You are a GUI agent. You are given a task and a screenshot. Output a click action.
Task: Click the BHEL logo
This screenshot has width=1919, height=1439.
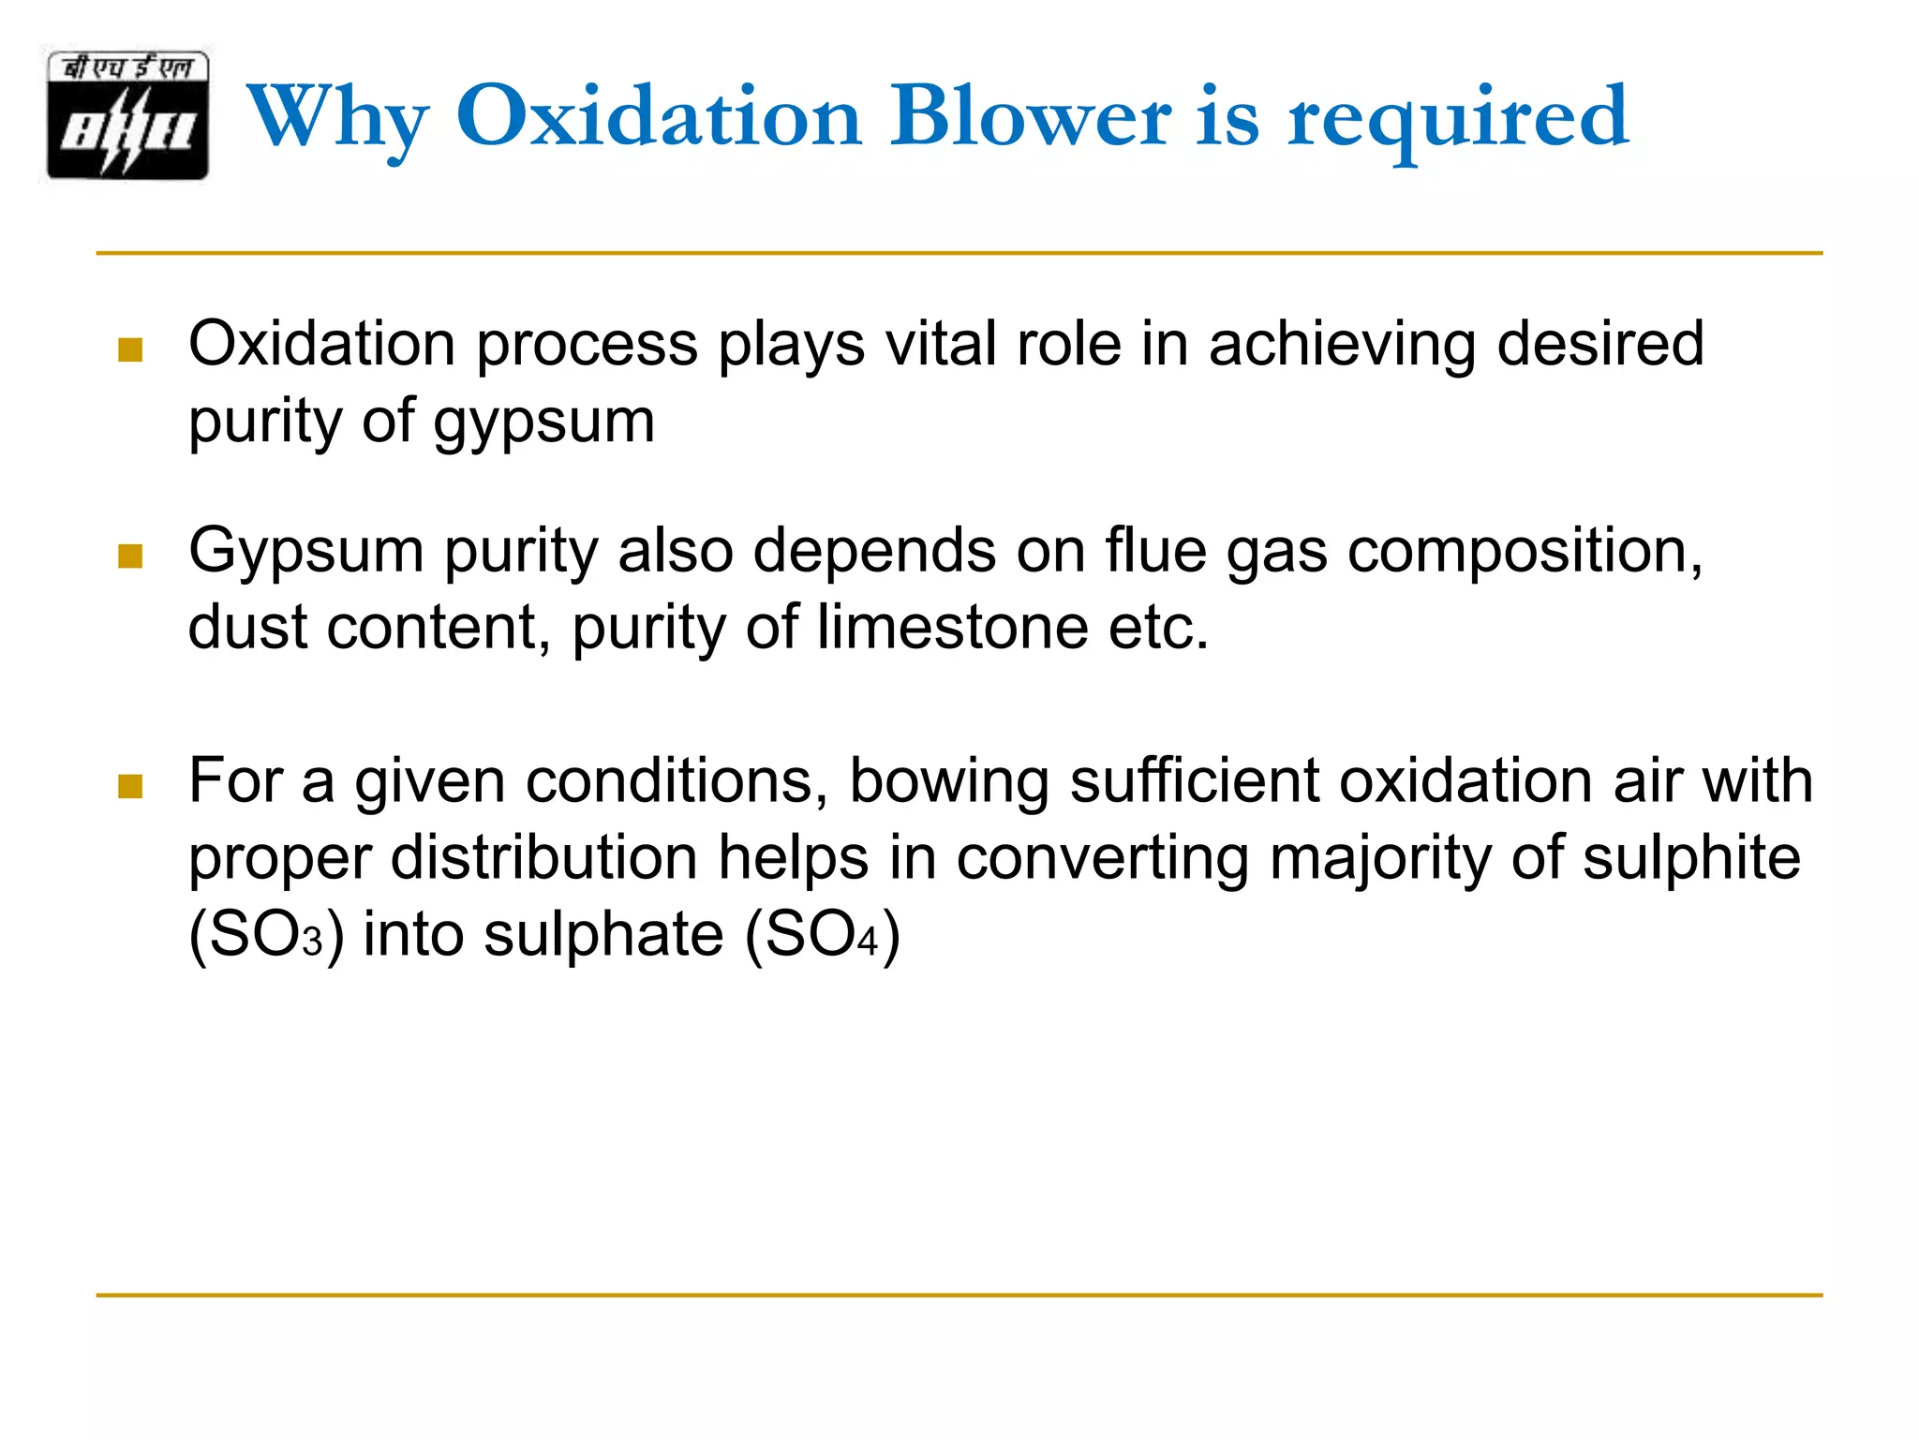(x=127, y=115)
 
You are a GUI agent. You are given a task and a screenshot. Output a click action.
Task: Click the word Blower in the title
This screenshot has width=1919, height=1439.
(x=1030, y=116)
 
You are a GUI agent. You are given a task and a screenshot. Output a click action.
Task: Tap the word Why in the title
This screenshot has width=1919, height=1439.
(x=337, y=118)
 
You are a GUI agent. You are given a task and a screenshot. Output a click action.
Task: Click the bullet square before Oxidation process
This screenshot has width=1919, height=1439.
(x=130, y=350)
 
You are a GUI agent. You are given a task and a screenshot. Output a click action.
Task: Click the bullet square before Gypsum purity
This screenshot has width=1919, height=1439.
(x=130, y=556)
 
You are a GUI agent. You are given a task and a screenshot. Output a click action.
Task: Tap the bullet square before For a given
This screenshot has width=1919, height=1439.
(x=130, y=786)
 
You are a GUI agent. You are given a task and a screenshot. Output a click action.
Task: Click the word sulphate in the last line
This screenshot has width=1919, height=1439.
(x=603, y=935)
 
